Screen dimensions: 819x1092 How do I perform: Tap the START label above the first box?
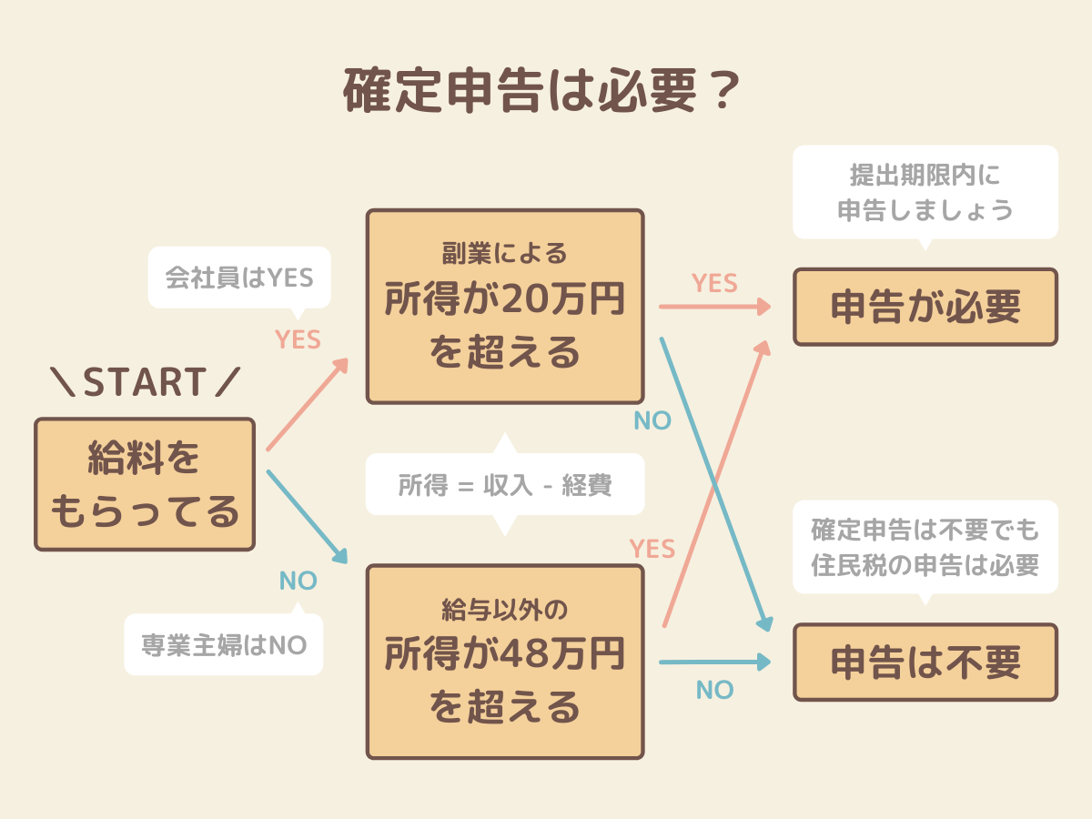pos(145,383)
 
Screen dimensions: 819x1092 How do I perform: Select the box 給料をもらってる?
pos(145,484)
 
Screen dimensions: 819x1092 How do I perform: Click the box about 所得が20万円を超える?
pos(505,307)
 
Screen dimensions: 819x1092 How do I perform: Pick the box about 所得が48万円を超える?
pos(505,662)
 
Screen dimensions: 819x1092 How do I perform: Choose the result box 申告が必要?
pos(925,307)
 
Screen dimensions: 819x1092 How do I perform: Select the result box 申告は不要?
pos(925,662)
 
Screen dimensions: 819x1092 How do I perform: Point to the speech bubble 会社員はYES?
pos(238,277)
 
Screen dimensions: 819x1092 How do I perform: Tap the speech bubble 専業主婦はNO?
pos(224,645)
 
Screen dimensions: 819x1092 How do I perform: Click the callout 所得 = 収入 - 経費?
pos(505,485)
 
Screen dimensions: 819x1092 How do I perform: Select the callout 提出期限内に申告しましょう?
pos(925,192)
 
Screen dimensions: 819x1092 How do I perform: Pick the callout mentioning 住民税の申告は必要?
pos(925,547)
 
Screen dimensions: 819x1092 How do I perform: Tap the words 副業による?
pos(505,252)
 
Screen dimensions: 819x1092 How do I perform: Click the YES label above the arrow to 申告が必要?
pos(714,283)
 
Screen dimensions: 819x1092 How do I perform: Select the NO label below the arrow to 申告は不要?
pos(714,691)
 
